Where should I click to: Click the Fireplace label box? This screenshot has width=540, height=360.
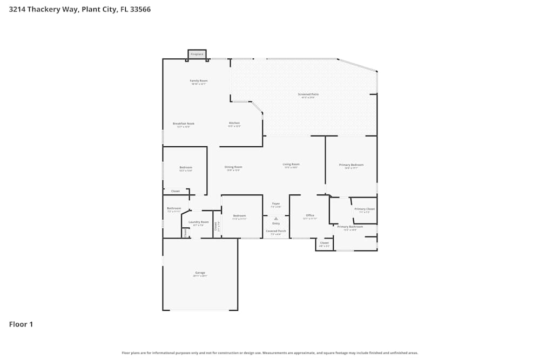(x=197, y=55)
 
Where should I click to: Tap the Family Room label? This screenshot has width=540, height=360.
(x=199, y=81)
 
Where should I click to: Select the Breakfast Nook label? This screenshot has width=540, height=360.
(x=184, y=124)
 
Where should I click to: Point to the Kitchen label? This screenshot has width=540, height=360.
(x=234, y=123)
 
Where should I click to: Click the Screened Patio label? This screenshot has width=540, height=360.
(x=308, y=94)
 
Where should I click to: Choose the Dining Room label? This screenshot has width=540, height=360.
(x=233, y=167)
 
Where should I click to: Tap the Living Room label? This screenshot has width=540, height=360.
(x=291, y=165)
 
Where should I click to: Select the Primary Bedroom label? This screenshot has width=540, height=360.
(x=351, y=165)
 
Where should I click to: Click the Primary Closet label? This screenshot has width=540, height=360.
(x=364, y=209)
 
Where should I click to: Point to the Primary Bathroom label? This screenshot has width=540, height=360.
(x=350, y=227)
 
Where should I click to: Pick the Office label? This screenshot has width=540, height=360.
(x=310, y=215)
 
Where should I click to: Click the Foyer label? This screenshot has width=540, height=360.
(x=276, y=204)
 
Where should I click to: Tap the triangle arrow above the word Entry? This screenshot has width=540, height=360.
(x=276, y=219)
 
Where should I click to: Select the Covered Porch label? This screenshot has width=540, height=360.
(x=276, y=231)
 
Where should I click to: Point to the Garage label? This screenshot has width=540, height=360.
(x=200, y=273)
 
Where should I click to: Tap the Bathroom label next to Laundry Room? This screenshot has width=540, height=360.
(x=174, y=208)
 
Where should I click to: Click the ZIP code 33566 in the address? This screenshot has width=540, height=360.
(x=139, y=9)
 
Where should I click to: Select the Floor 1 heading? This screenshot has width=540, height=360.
(x=21, y=324)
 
